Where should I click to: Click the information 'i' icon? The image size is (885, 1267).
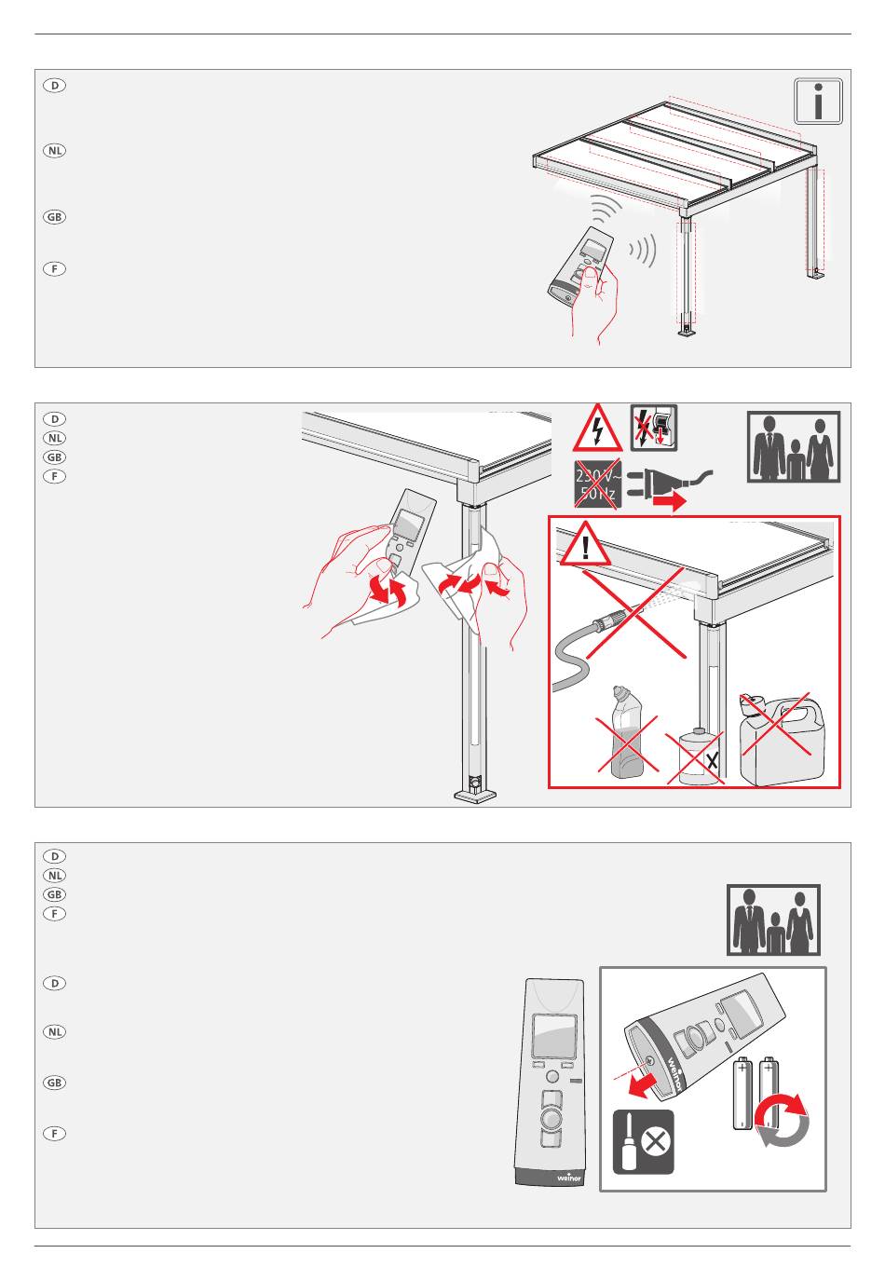(x=818, y=102)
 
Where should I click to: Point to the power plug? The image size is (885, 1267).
(x=665, y=483)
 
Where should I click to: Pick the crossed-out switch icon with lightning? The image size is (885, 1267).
(x=653, y=429)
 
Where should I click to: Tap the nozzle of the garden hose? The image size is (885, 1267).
(x=615, y=616)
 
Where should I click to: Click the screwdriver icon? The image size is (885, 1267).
(x=643, y=1142)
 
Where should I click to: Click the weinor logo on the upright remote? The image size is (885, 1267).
(x=568, y=1176)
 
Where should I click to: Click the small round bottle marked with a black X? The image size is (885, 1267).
(x=693, y=756)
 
